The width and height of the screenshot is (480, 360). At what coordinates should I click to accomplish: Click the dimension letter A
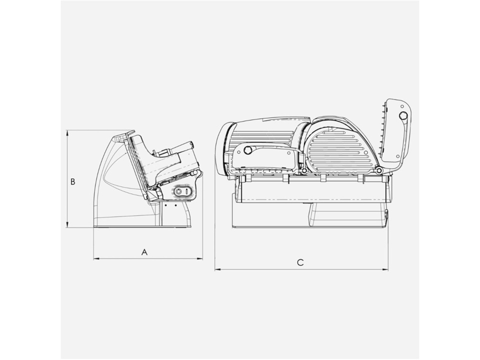pyautogui.click(x=144, y=252)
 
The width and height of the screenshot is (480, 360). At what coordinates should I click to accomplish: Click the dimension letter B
pyautogui.click(x=73, y=181)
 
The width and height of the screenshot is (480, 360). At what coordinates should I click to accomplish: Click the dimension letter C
pyautogui.click(x=300, y=262)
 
